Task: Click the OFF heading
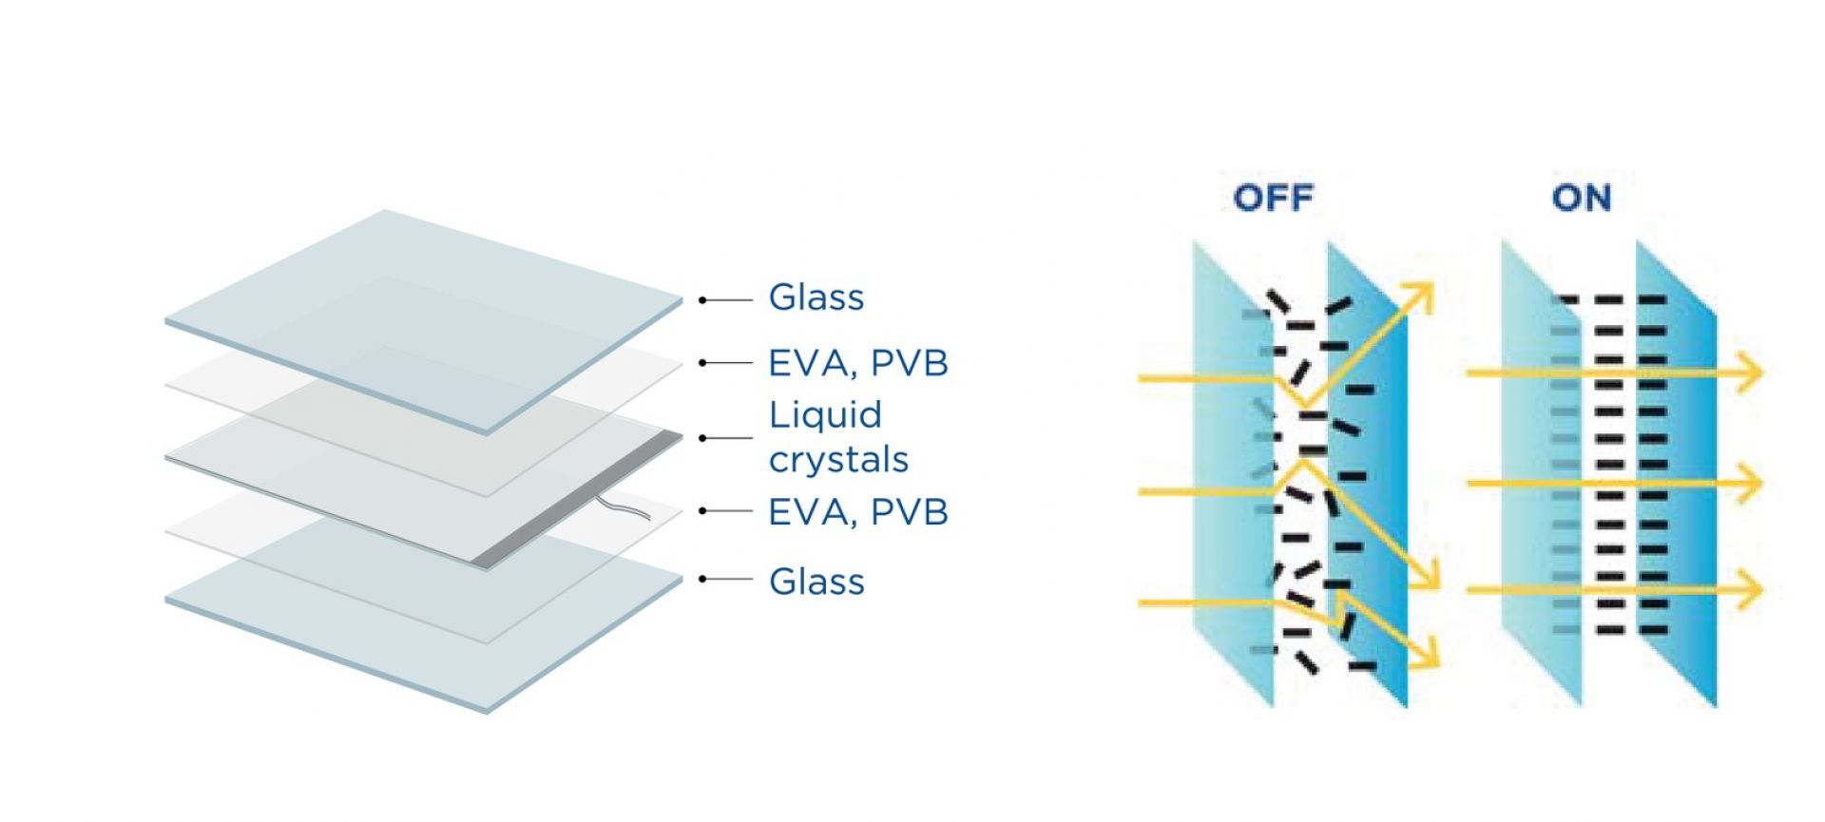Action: point(1273,198)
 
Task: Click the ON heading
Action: point(1582,198)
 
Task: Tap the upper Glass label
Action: point(816,297)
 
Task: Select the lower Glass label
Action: point(816,582)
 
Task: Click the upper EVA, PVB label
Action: point(857,363)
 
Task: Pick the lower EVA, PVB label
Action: point(857,512)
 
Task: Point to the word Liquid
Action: point(825,415)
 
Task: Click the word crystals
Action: point(838,460)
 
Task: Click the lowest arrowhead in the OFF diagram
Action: point(1426,655)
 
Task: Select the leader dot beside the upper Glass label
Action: point(702,300)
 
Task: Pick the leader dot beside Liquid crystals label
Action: point(702,438)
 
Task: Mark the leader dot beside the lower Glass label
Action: point(702,579)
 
